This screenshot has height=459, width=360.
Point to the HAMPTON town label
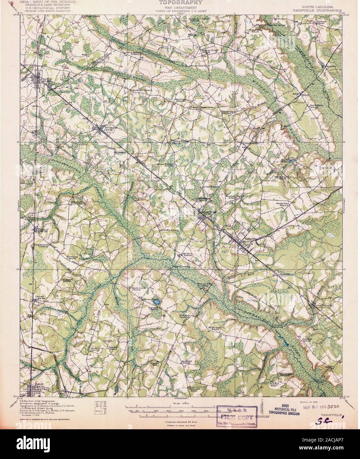tap(204, 211)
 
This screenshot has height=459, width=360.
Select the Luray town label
tap(39, 296)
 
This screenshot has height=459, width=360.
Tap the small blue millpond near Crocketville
tap(292, 161)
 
